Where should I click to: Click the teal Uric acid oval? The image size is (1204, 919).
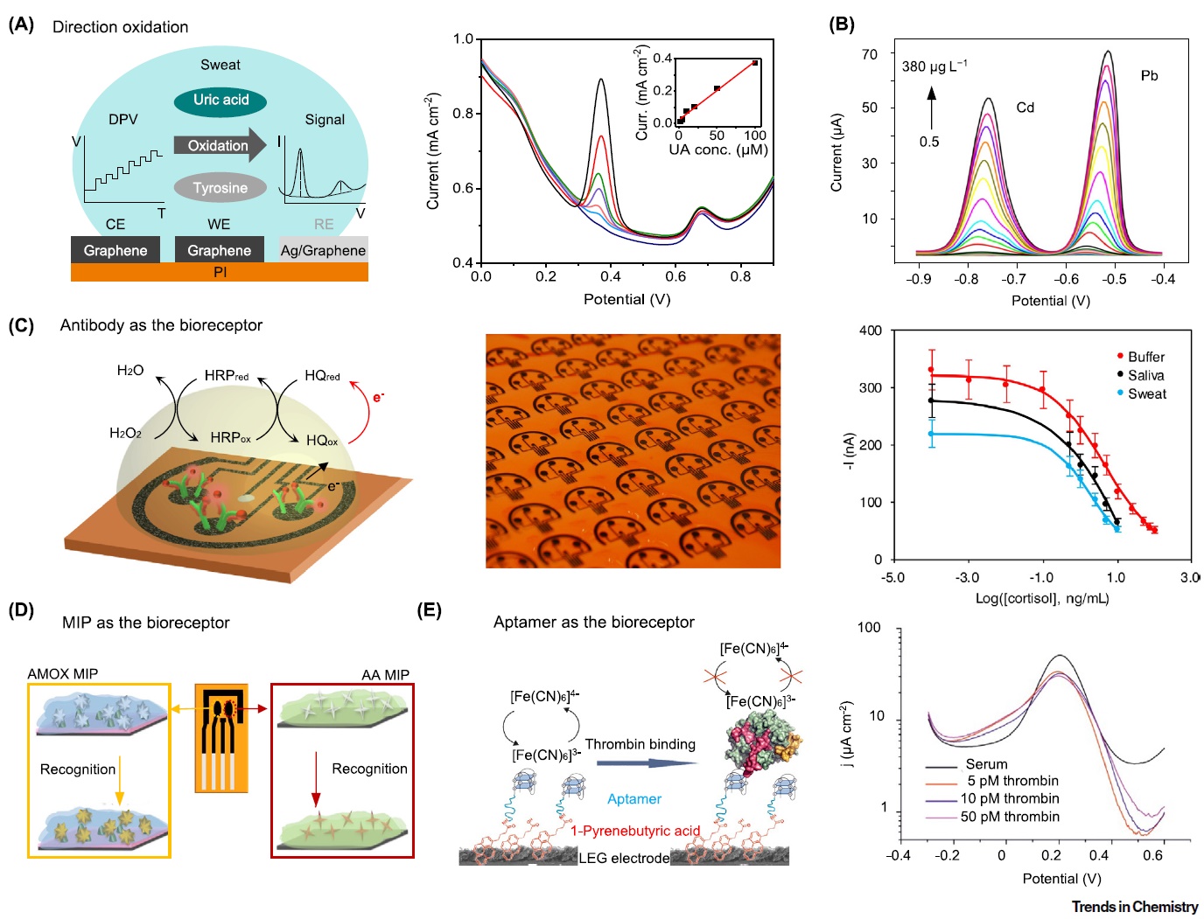click(x=220, y=101)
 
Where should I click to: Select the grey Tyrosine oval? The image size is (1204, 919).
click(x=220, y=188)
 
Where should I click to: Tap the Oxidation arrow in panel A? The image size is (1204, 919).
click(x=220, y=146)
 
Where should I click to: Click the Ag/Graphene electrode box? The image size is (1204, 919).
click(x=323, y=250)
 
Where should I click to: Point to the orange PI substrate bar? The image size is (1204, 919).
click(x=220, y=273)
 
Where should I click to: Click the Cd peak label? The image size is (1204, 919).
click(x=1025, y=108)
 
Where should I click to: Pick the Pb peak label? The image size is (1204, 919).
click(x=1149, y=76)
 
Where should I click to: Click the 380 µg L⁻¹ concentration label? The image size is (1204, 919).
click(x=934, y=66)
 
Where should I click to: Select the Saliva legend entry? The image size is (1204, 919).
click(x=1145, y=375)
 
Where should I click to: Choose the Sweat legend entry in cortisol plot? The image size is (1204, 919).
click(x=1146, y=394)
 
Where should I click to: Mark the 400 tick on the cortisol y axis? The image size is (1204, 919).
click(x=871, y=331)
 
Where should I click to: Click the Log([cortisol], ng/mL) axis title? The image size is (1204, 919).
click(x=1041, y=599)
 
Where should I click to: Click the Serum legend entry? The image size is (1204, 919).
click(x=986, y=764)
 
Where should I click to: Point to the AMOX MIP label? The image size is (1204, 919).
click(x=63, y=674)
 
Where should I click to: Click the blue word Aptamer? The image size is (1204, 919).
click(x=634, y=799)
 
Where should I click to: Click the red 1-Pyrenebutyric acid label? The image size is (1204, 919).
click(x=635, y=831)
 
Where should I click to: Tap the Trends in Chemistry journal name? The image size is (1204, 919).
click(x=1135, y=907)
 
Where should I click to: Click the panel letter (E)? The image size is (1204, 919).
click(x=429, y=610)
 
